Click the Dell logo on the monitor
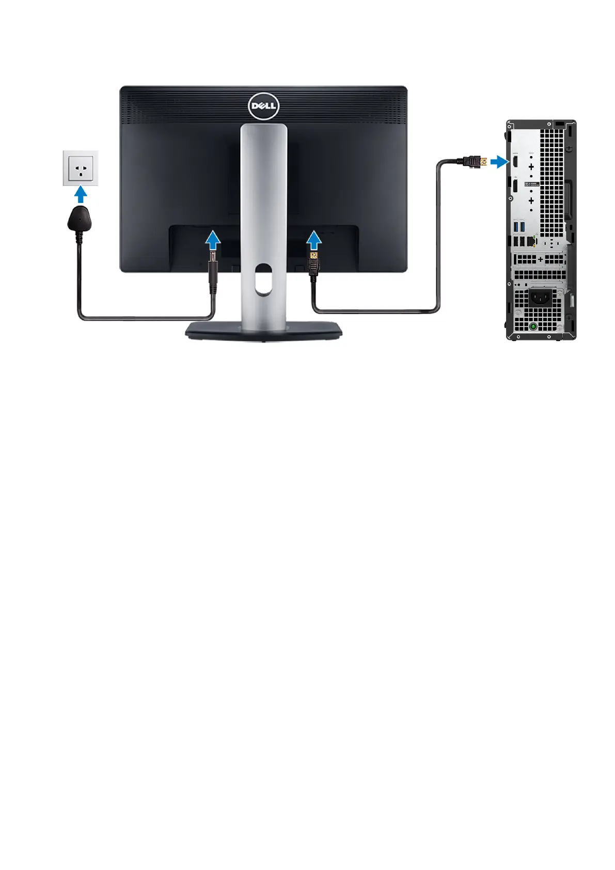click(x=263, y=106)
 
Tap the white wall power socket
click(x=81, y=168)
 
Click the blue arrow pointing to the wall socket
click(x=81, y=194)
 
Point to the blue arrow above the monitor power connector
click(x=213, y=240)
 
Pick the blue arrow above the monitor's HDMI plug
click(x=314, y=240)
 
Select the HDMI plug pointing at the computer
click(x=475, y=162)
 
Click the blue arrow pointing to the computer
click(x=498, y=162)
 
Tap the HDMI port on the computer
click(x=515, y=161)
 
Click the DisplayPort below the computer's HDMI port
click(x=515, y=187)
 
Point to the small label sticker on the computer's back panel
click(x=532, y=184)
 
